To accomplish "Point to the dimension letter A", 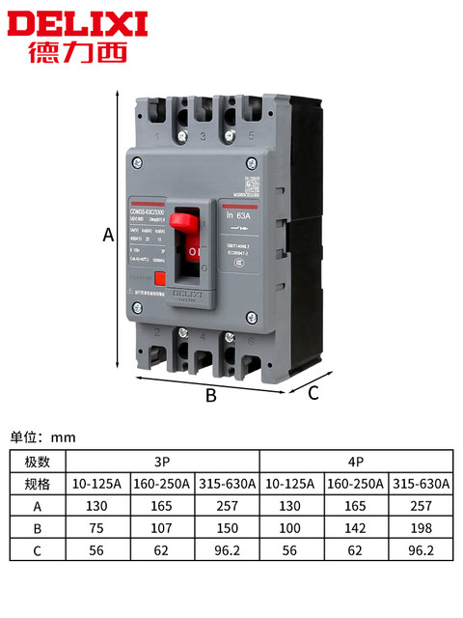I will [108, 232].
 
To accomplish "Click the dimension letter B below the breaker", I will [210, 394].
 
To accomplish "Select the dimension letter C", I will [313, 392].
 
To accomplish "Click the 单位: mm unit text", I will [42, 436].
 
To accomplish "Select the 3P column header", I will [162, 461].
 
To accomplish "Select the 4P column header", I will [356, 461].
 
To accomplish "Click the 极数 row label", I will [38, 461].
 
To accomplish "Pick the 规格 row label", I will [38, 483].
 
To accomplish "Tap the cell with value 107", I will [162, 527].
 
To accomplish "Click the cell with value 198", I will [421, 527].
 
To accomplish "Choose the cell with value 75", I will [96, 527].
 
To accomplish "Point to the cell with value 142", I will [356, 527].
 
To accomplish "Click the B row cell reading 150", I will [228, 527].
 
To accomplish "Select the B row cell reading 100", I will [291, 527].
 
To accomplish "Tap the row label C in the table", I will [38, 549].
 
